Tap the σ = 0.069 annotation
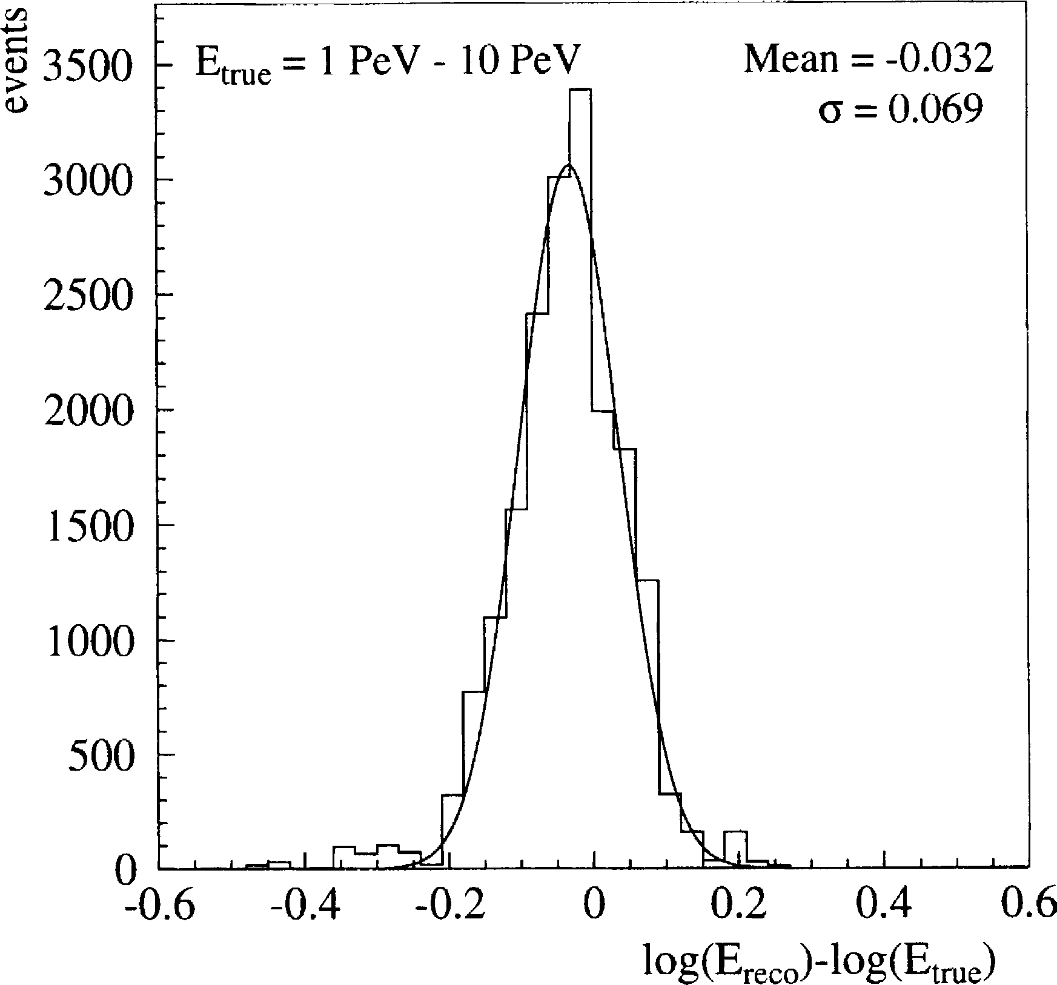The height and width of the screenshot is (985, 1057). (x=900, y=111)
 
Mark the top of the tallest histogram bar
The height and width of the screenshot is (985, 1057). (x=580, y=90)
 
